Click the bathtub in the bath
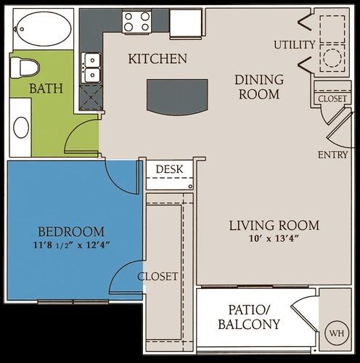pyautogui.click(x=42, y=30)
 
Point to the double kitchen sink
pyautogui.click(x=91, y=68)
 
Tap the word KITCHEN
pyautogui.click(x=157, y=58)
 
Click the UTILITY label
pyautogui.click(x=294, y=45)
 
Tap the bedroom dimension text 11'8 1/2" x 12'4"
pyautogui.click(x=70, y=246)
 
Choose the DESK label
pyautogui.click(x=169, y=169)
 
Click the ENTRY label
pyautogui.click(x=333, y=155)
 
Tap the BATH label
pyautogui.click(x=46, y=89)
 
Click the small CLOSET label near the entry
pyautogui.click(x=333, y=98)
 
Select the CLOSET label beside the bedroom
pyautogui.click(x=158, y=277)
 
